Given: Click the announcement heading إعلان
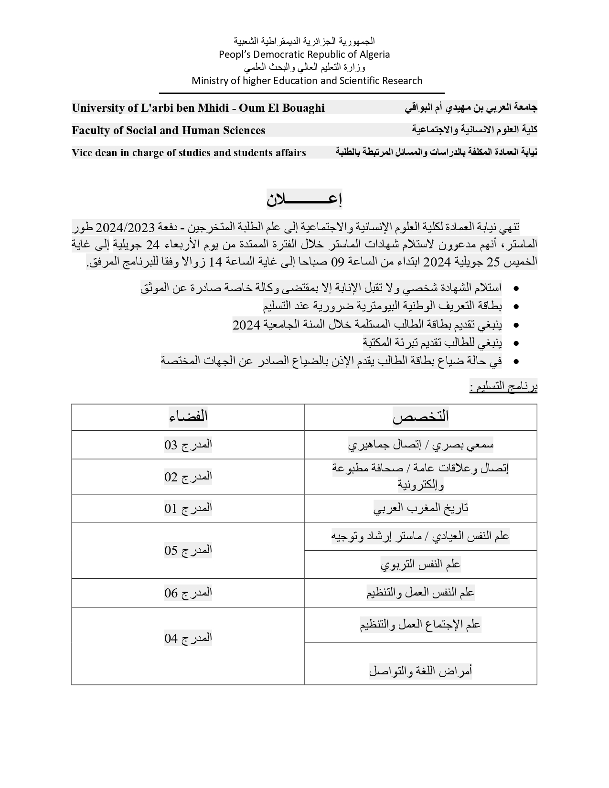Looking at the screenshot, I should pos(304,199).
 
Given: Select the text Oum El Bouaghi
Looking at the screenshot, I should pos(282,108).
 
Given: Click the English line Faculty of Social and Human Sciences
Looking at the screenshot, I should pos(169,130).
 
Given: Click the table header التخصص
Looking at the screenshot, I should pos(421,416).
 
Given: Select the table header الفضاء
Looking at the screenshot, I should pos(188,416).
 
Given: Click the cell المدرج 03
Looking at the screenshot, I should pos(188,445).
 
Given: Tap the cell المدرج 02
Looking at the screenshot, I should pos(188,477).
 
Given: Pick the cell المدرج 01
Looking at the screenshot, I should pos(188,508).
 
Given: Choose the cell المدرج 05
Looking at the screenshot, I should pos(188,550).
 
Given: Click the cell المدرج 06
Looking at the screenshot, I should pos(188,593).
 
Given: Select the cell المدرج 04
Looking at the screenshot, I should pos(188,638).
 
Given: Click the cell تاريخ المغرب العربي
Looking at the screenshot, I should pos(421,508).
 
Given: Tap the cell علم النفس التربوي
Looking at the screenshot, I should pos(421,564).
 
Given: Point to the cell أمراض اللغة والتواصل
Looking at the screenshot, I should pos(421,671).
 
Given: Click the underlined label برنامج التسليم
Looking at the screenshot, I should pos(503,387).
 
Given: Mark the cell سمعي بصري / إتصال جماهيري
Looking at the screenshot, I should pos(421,445).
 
